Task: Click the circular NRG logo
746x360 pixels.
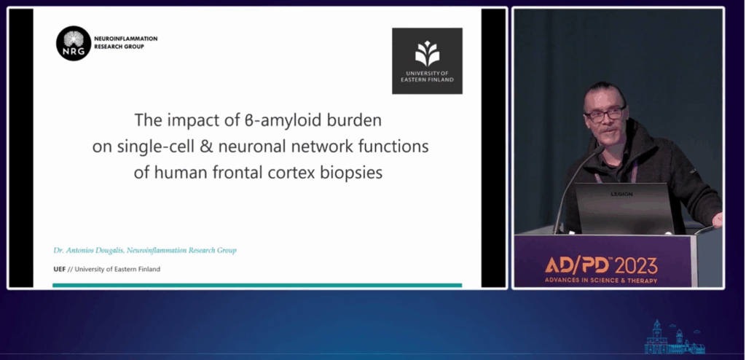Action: coord(74,43)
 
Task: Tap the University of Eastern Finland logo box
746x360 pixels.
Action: coord(427,61)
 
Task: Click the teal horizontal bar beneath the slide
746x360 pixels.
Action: coord(257,285)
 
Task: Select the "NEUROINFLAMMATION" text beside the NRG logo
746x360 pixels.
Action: coord(125,39)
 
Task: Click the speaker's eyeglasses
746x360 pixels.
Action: coord(605,114)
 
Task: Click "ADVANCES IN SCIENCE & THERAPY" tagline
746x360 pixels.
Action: coord(601,281)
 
